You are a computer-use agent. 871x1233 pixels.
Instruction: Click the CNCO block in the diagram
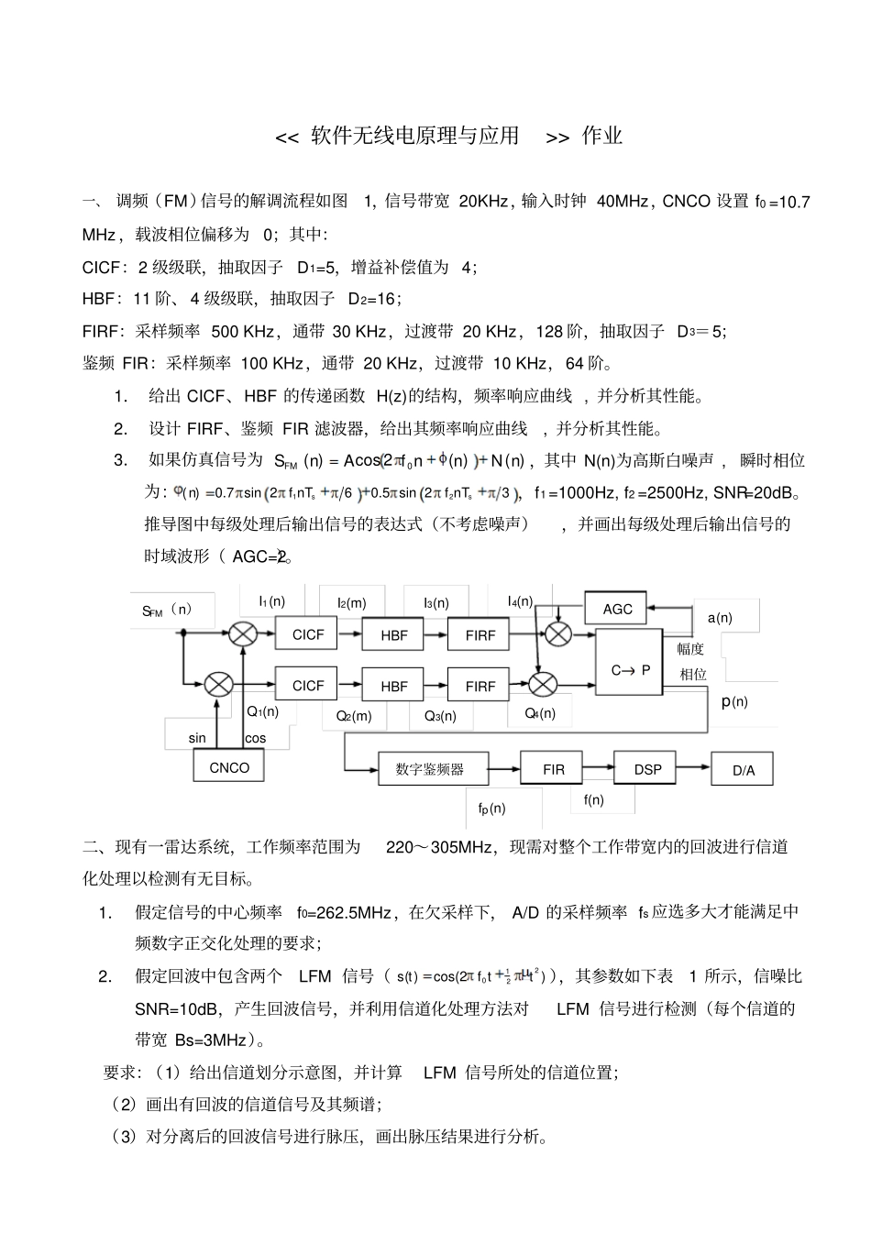229,767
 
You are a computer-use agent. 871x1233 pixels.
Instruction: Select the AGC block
617,609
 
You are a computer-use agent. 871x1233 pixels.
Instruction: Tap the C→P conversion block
630,669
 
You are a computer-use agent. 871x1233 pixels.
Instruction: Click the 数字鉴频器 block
429,769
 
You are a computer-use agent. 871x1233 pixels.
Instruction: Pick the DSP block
647,769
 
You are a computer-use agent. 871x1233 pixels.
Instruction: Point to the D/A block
743,770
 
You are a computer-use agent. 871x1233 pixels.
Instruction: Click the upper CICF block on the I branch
308,634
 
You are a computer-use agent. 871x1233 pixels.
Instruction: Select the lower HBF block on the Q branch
394,686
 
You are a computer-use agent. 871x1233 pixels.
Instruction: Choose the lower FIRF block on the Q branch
480,686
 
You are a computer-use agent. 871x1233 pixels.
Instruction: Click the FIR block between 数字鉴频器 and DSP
554,769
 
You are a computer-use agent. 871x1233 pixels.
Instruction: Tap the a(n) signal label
720,618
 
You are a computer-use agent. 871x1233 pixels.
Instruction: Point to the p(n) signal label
734,702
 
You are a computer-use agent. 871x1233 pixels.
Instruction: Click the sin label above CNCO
197,738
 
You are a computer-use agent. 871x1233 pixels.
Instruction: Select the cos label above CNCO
256,738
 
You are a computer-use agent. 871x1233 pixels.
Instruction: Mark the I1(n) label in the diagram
271,601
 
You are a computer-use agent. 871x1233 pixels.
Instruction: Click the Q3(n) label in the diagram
440,716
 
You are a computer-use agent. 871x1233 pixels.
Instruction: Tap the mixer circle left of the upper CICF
243,633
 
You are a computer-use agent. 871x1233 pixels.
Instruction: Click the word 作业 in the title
602,136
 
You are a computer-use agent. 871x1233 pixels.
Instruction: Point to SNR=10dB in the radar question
178,1008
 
